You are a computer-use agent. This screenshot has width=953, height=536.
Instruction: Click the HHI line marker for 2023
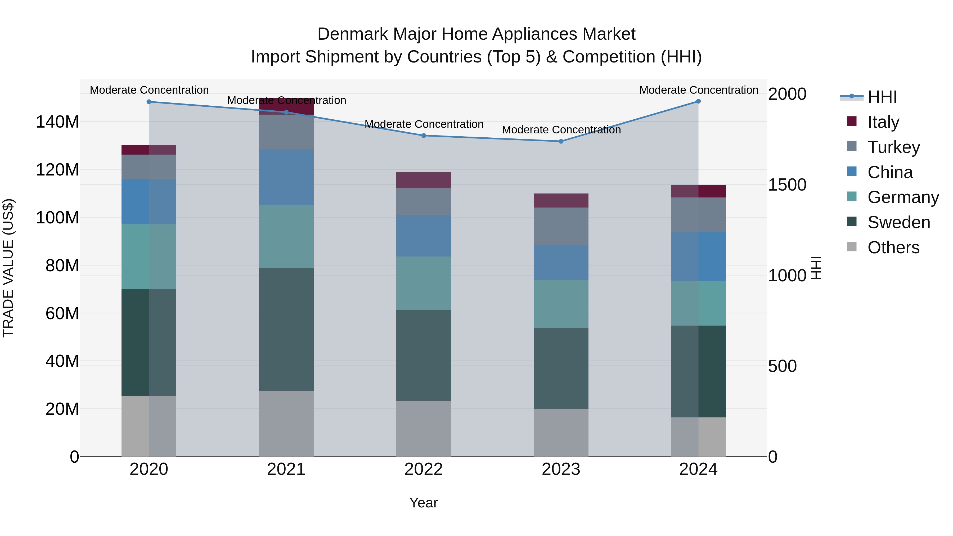pos(561,141)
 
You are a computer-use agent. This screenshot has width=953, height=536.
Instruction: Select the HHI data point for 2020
pos(149,102)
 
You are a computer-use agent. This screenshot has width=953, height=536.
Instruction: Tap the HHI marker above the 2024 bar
pos(698,101)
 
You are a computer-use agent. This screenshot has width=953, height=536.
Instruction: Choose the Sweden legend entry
pos(898,222)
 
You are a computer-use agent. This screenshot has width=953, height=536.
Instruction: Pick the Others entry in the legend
pos(893,247)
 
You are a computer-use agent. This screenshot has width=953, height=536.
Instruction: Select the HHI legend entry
pos(882,97)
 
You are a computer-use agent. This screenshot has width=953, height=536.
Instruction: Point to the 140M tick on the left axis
pos(57,122)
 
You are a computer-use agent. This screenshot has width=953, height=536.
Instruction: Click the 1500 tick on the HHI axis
pos(787,184)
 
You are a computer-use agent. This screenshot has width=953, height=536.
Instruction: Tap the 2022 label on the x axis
pos(424,469)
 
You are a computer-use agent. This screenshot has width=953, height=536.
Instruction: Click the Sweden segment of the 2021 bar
pos(286,329)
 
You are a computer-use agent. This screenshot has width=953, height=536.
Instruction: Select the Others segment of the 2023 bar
pos(561,433)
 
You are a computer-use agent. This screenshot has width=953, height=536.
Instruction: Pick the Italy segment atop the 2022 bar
pos(424,180)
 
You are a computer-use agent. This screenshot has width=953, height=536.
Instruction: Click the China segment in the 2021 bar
pos(286,177)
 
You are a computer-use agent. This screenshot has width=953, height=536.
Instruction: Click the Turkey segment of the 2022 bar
pos(424,202)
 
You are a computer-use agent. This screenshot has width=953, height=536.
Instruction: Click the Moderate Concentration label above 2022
pos(424,124)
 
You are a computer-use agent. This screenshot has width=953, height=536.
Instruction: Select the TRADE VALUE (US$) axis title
pos(8,268)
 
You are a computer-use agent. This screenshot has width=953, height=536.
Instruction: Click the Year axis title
pos(424,503)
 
